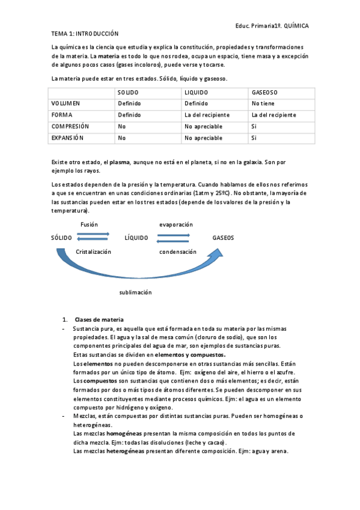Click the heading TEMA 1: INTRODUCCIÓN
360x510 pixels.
[x=85, y=34]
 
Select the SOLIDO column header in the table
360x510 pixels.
[x=128, y=93]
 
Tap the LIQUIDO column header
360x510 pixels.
[x=197, y=93]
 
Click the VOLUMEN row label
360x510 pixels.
[x=66, y=103]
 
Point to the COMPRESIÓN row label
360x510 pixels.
[x=70, y=126]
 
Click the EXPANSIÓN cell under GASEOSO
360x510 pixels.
[x=254, y=138]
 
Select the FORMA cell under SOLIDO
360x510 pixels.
[x=129, y=115]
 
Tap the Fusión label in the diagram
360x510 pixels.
[x=90, y=224]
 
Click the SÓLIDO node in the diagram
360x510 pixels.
[x=61, y=238]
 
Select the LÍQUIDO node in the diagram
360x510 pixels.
[x=136, y=238]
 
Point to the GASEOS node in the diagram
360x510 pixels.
[x=223, y=238]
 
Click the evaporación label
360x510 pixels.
[x=176, y=224]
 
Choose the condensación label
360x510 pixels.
[x=178, y=252]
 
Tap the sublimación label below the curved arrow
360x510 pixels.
[x=135, y=292]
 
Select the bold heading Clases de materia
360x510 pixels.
[x=99, y=319]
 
